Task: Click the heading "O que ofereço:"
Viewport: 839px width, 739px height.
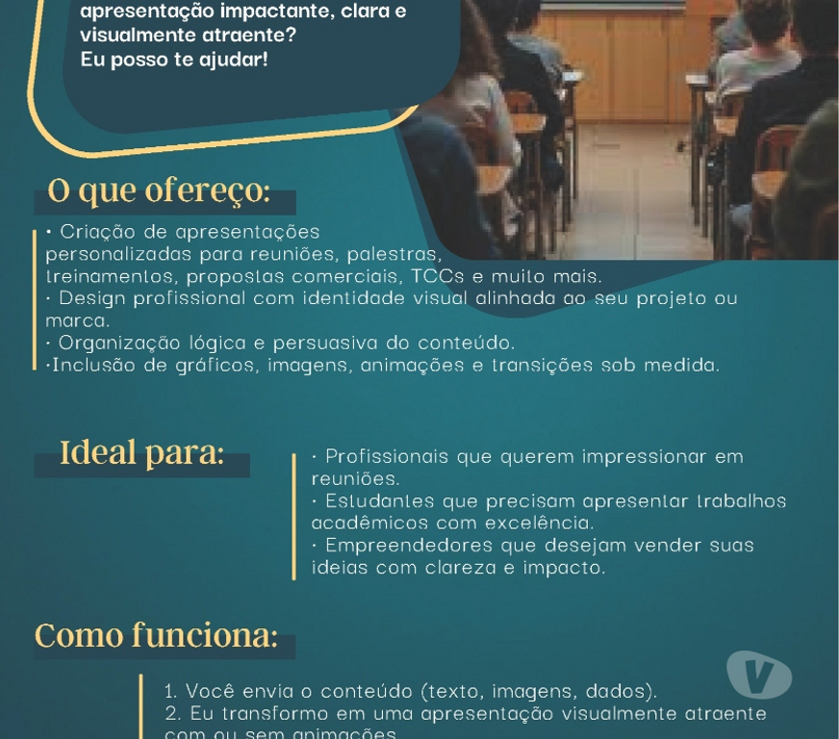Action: (159, 191)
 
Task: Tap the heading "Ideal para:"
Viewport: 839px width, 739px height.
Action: (141, 452)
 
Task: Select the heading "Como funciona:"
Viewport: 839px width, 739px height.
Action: (156, 636)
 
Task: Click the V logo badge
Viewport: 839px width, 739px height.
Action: (758, 675)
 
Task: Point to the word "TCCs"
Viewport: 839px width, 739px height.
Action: (439, 276)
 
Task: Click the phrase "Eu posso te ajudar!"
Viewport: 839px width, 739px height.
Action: (174, 60)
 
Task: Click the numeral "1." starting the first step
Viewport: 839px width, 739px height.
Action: (171, 691)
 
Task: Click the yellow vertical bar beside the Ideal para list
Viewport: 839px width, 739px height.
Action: (294, 516)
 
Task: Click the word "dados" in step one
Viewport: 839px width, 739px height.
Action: (626, 691)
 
